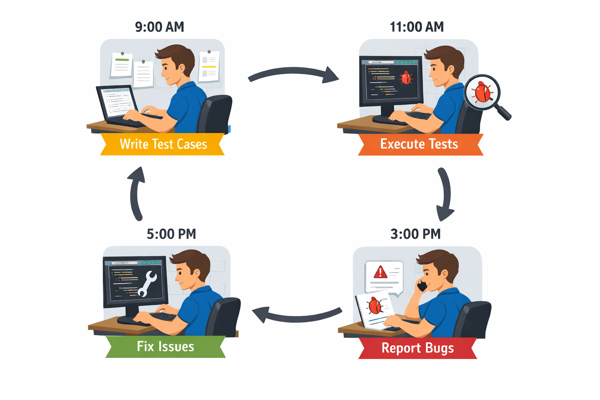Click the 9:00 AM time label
point(159,27)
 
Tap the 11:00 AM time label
point(417,27)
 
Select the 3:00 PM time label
point(416,234)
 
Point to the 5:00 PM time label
point(171,234)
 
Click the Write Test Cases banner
point(163,144)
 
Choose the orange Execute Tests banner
point(420,144)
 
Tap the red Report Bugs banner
point(418,348)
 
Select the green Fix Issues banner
point(166,346)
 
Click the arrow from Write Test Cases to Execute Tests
point(293,74)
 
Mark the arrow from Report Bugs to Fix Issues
point(297,315)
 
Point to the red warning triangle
point(380,272)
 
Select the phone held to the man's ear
point(422,286)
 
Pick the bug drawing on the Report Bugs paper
point(375,306)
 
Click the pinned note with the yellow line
point(209,66)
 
